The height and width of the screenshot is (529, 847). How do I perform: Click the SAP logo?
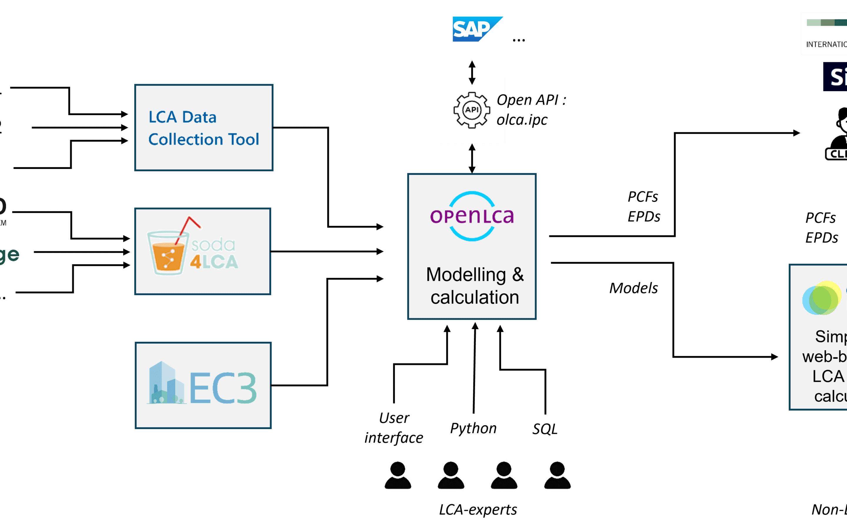pos(477,29)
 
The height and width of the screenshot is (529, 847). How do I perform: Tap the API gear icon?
pos(471,110)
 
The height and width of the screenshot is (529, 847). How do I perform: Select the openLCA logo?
pos(472,216)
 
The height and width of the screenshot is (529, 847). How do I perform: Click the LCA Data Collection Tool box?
pos(204,128)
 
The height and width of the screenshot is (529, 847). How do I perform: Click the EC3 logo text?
pos(223,388)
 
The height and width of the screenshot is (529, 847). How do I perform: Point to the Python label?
pos(473,428)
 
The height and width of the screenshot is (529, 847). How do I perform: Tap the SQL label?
pos(545,429)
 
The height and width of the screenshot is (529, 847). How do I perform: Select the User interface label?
pos(394,428)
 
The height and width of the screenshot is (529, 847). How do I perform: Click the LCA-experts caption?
pos(478,510)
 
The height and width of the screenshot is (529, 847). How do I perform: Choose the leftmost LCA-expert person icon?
pos(398,475)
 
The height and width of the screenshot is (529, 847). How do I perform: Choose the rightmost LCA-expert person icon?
pos(557,475)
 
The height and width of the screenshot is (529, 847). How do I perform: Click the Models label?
pos(633,288)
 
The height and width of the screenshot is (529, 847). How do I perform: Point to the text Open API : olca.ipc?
pos(531,110)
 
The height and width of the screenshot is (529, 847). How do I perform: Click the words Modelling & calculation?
pos(475,286)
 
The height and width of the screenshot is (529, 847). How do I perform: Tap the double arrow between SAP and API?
pos(472,72)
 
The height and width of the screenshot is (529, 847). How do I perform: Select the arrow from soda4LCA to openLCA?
pos(327,251)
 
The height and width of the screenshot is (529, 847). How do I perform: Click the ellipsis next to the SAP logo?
pos(519,40)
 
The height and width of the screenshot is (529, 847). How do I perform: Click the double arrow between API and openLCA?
pos(472,158)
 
